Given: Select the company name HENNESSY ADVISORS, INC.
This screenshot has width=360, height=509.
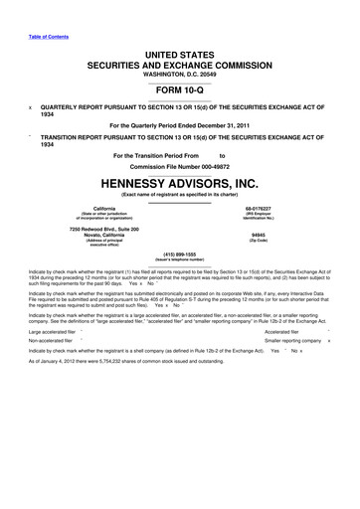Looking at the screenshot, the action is pos(180,184).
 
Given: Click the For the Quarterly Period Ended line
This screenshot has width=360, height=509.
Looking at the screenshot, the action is pos(180,126).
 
